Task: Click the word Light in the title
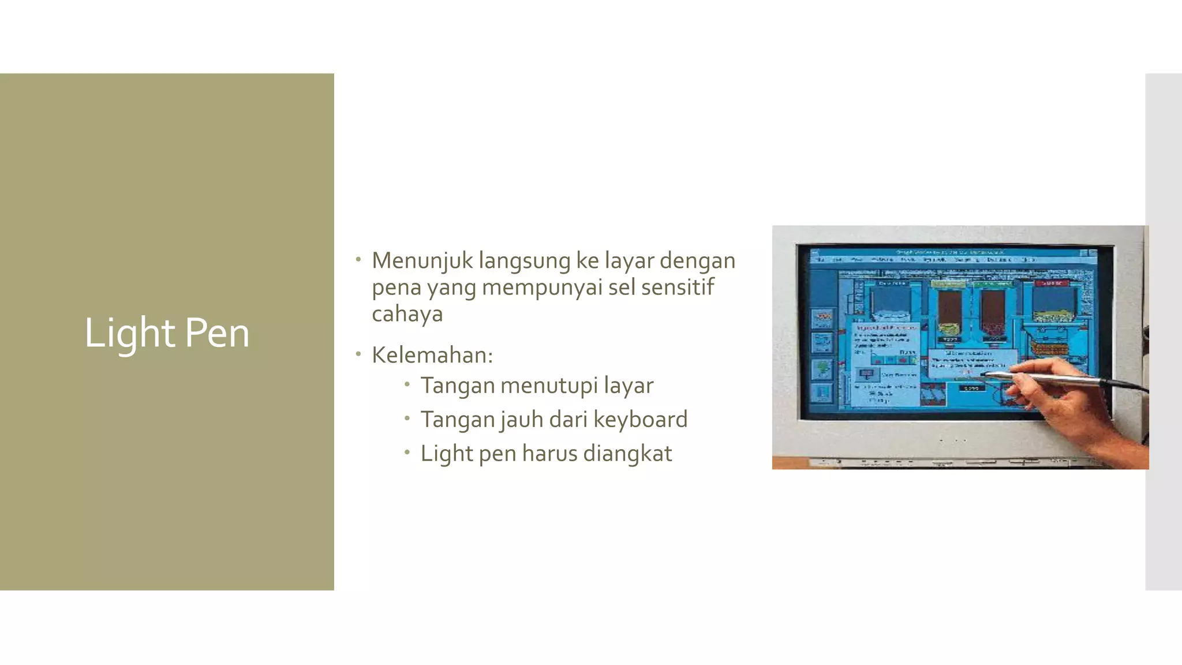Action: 129,333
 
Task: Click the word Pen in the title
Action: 217,333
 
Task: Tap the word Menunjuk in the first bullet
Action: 422,261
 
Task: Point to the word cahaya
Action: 407,314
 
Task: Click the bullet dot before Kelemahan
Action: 358,353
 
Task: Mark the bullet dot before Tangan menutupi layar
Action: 407,384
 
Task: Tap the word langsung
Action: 524,261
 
